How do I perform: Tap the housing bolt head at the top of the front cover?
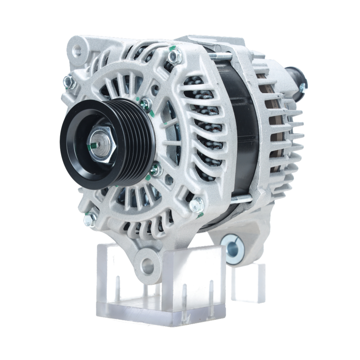point(175,57)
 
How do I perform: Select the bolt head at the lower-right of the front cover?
point(197,204)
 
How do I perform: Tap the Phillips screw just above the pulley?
point(146,104)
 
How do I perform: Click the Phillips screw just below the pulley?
point(156,169)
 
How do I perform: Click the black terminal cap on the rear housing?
point(295,79)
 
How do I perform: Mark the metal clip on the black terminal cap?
point(302,87)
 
